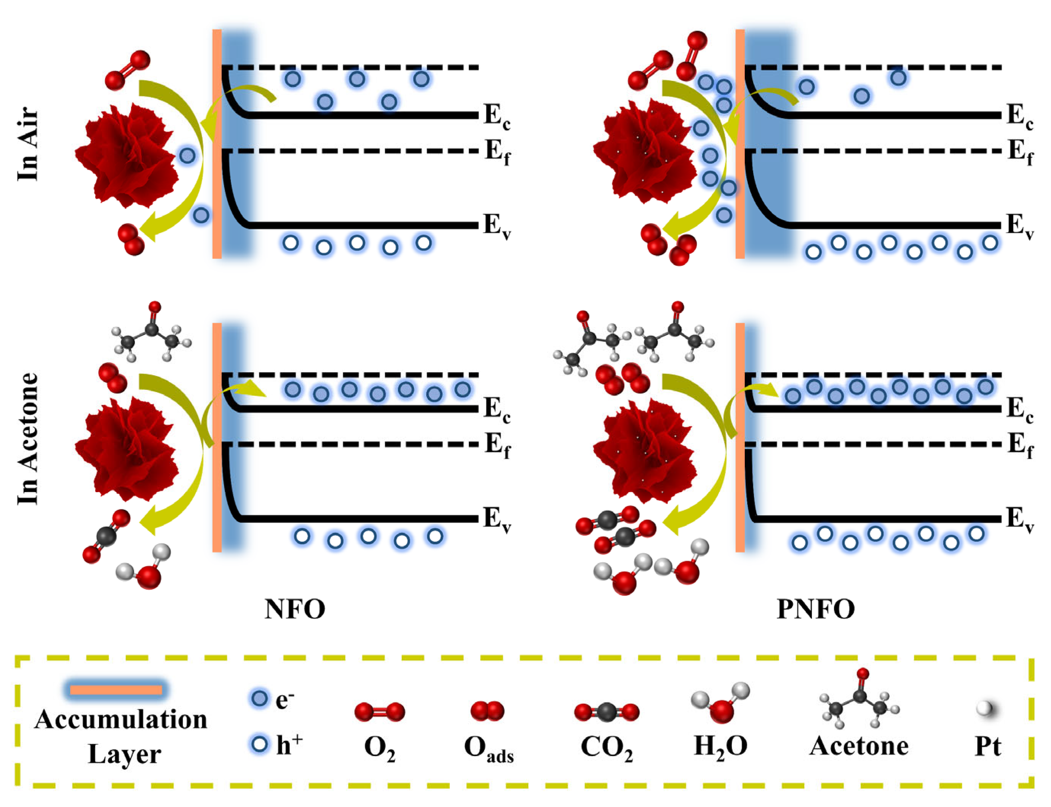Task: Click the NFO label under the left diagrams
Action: [x=295, y=609]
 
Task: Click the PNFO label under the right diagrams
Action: [x=816, y=609]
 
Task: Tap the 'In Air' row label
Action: [x=27, y=144]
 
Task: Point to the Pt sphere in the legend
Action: [x=984, y=708]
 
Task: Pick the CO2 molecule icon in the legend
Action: [x=607, y=712]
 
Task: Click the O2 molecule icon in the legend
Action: [x=379, y=712]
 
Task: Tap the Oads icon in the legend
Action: [x=487, y=711]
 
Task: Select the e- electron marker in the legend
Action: [x=259, y=699]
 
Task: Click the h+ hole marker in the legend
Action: [x=259, y=745]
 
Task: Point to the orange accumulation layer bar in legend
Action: [x=116, y=690]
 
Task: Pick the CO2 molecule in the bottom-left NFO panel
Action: [x=106, y=536]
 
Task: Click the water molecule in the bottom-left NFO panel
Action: [x=145, y=567]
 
